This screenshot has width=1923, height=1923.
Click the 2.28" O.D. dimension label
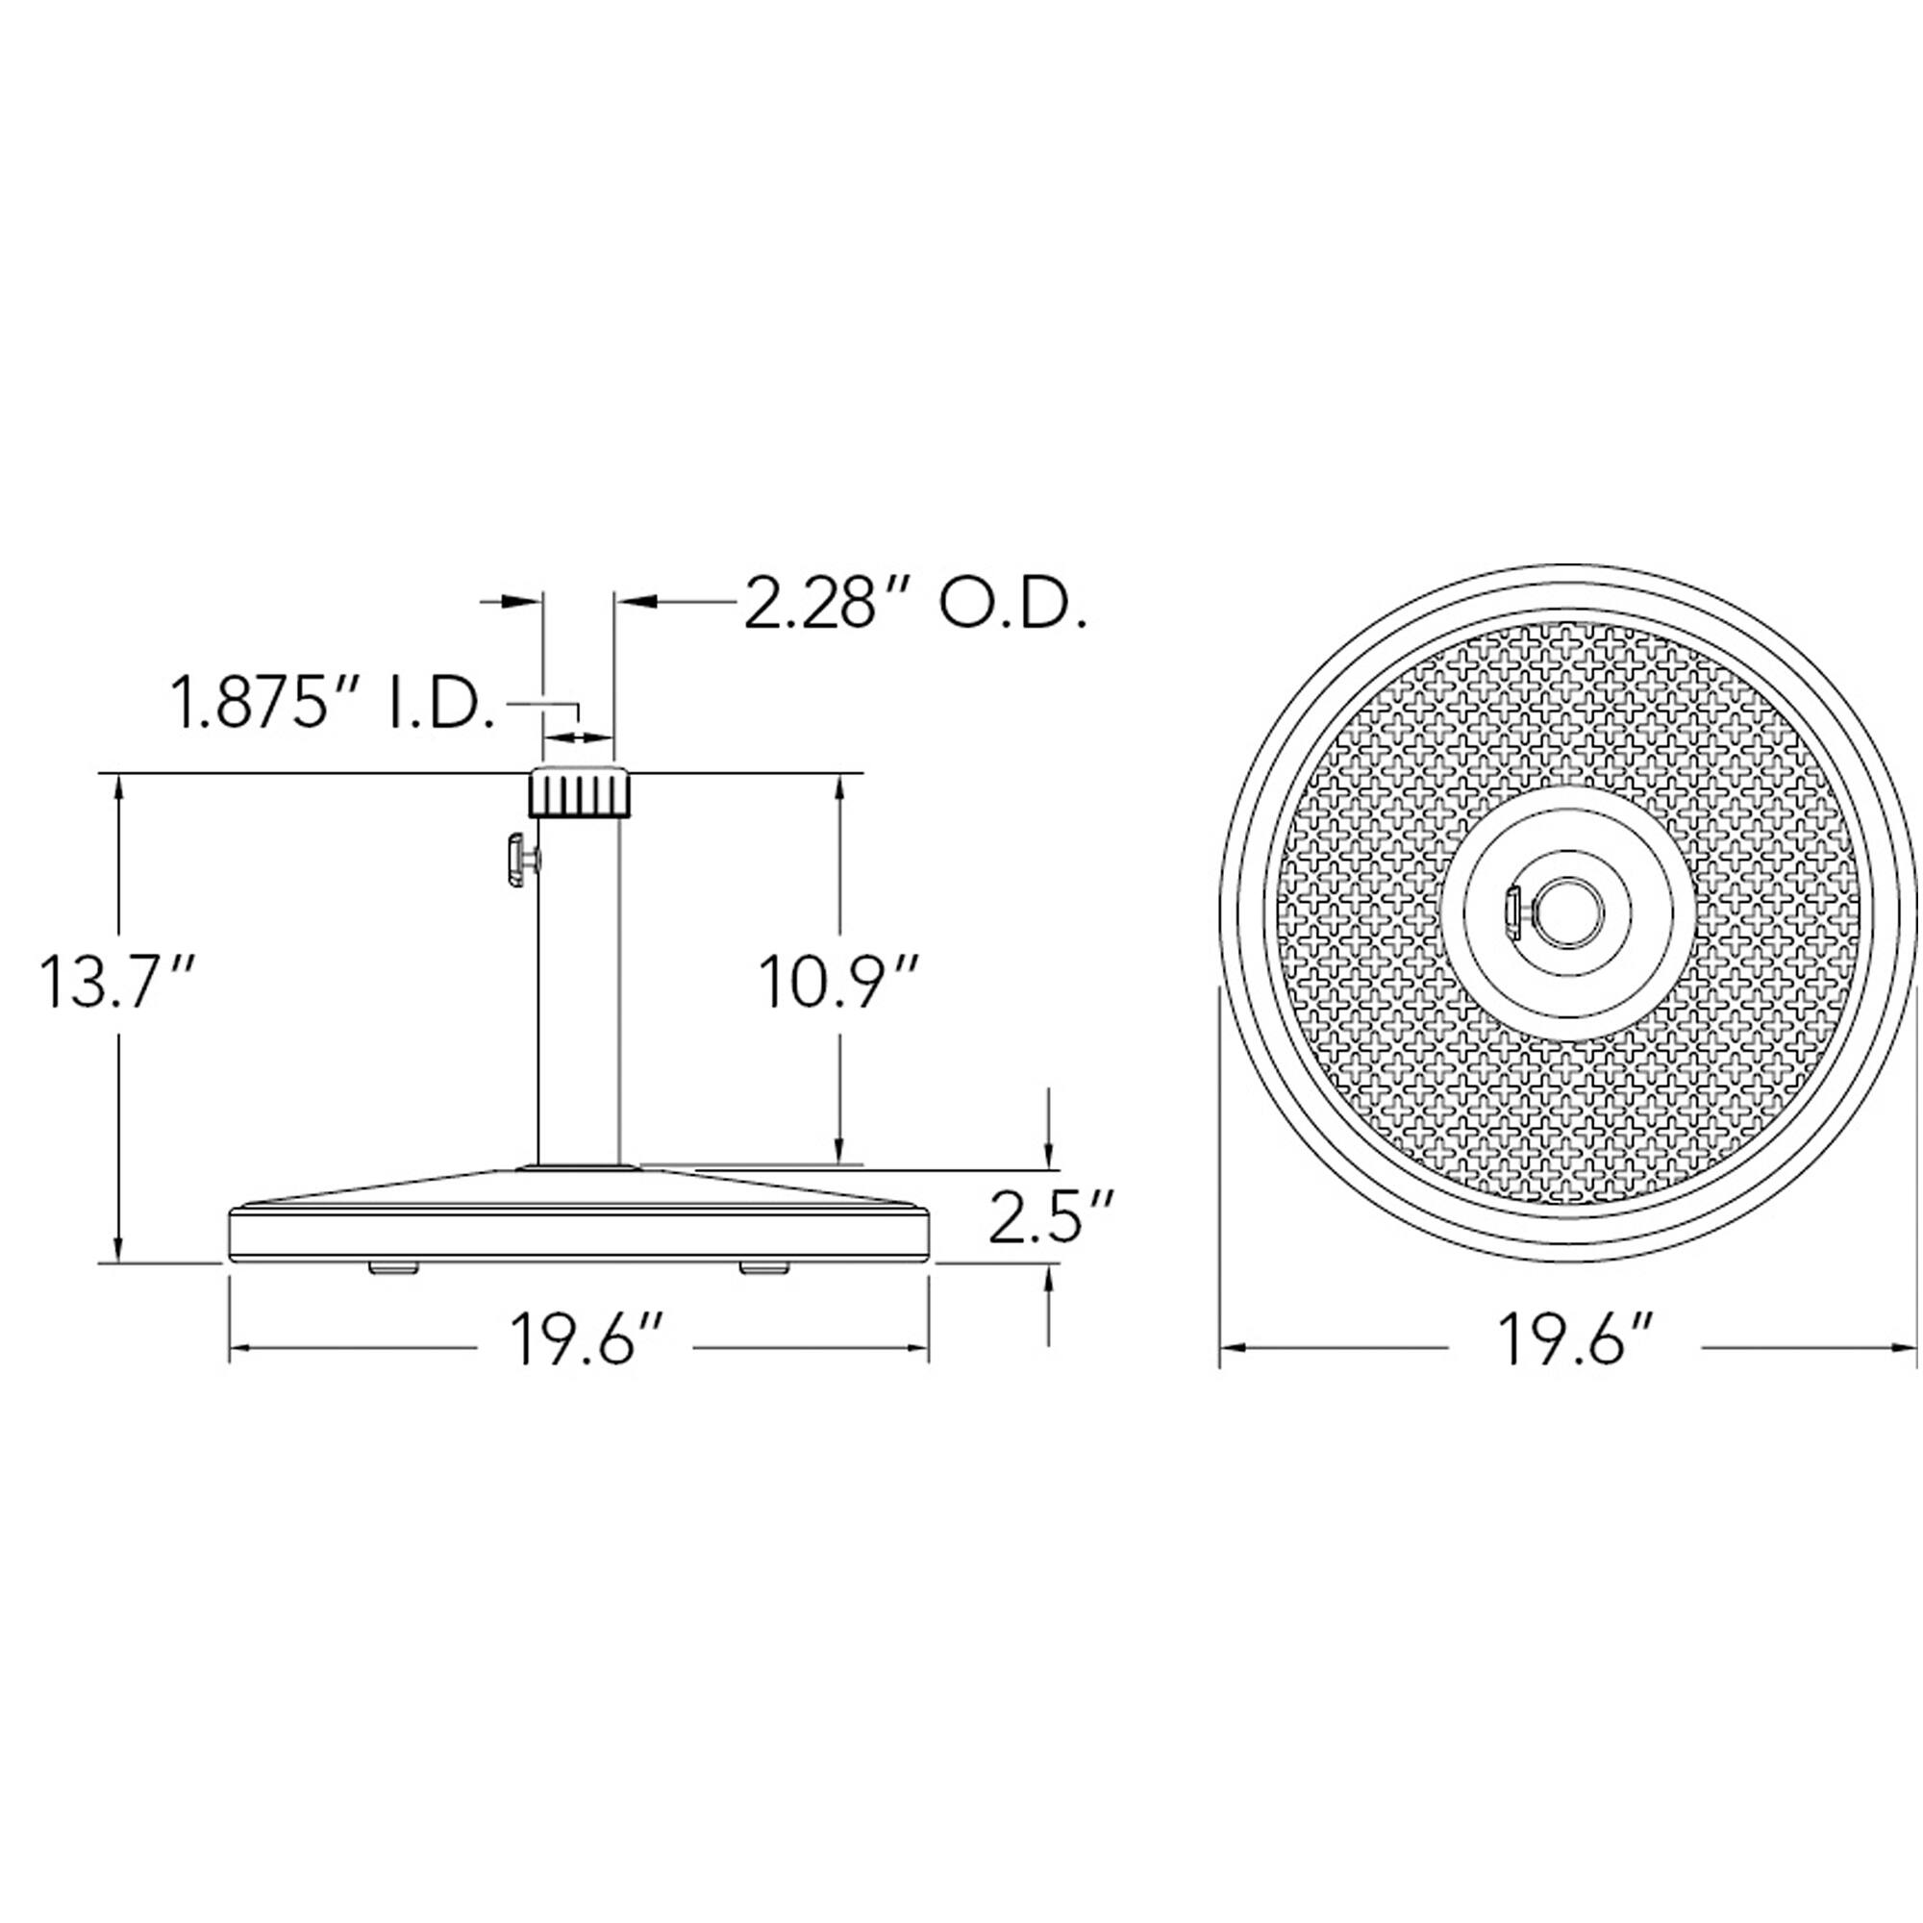(913, 604)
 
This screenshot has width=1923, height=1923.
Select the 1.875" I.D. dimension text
(334, 704)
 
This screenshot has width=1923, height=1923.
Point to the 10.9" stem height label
(837, 981)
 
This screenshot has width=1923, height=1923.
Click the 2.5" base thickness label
(1050, 1215)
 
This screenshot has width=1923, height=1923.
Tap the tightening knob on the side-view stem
(520, 859)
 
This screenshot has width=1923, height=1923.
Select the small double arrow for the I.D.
(578, 737)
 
